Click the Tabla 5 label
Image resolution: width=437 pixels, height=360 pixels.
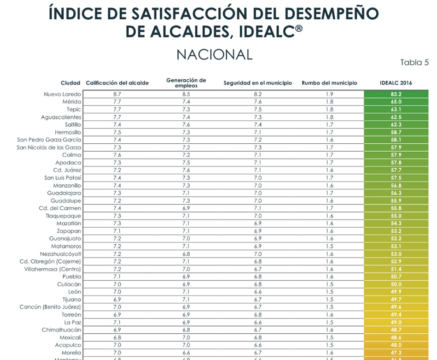click(x=414, y=63)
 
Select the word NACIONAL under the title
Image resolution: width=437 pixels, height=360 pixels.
click(x=215, y=55)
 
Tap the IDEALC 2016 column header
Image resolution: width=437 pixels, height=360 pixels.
click(x=396, y=83)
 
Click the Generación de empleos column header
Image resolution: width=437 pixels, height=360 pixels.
click(x=186, y=83)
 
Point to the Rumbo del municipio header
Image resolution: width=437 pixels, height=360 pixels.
click(x=329, y=83)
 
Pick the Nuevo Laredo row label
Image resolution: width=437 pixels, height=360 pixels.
click(x=62, y=94)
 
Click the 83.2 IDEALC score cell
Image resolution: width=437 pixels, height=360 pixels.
click(x=396, y=94)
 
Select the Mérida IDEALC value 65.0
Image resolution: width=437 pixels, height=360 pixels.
click(x=396, y=102)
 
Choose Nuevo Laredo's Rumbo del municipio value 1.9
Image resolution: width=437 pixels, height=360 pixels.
click(x=329, y=94)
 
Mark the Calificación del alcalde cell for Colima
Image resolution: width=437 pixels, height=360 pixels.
click(x=117, y=155)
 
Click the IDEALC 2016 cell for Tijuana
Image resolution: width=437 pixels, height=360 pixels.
click(x=396, y=300)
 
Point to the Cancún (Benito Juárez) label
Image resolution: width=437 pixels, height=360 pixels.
click(x=50, y=307)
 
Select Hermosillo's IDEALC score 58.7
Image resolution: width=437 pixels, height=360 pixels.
click(x=396, y=132)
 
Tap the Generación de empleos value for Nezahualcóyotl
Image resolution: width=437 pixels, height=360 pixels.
click(x=186, y=254)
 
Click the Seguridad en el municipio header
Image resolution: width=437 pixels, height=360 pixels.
click(x=257, y=83)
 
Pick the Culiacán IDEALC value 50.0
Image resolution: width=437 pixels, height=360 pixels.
click(x=396, y=284)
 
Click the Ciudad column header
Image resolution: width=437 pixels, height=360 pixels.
click(x=70, y=83)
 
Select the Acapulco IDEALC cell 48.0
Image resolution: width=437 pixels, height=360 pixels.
click(x=396, y=345)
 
